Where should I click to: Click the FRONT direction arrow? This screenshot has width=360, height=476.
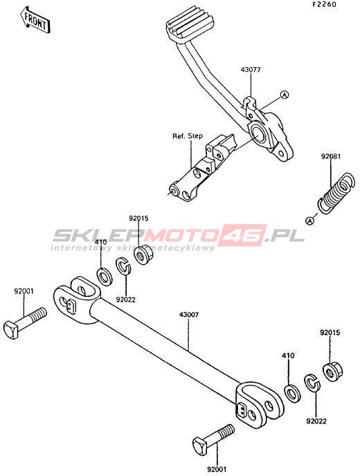pyautogui.click(x=35, y=20)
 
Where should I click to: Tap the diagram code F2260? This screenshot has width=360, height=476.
pyautogui.click(x=324, y=5)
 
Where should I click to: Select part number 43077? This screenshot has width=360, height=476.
pyautogui.click(x=251, y=69)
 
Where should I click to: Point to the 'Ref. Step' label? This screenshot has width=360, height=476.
pyautogui.click(x=188, y=136)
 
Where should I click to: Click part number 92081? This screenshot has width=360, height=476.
pyautogui.click(x=331, y=156)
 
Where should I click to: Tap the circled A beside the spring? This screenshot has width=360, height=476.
pyautogui.click(x=309, y=221)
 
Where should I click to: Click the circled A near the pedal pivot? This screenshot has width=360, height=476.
pyautogui.click(x=284, y=95)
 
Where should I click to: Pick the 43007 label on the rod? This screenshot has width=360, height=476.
pyautogui.click(x=189, y=315)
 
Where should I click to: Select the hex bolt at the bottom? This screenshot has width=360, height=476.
pyautogui.click(x=213, y=439)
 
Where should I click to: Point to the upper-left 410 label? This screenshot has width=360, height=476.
pyautogui.click(x=100, y=242)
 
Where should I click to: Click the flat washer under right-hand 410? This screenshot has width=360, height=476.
pyautogui.click(x=292, y=394)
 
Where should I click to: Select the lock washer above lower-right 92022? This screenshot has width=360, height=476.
pyautogui.click(x=312, y=383)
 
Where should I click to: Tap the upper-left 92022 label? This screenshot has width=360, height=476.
pyautogui.click(x=125, y=300)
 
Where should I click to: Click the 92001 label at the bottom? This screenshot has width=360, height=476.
pyautogui.click(x=217, y=469)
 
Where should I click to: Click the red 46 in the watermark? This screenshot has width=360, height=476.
pyautogui.click(x=243, y=235)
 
